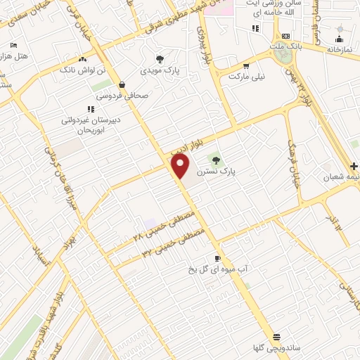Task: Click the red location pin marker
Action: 181,167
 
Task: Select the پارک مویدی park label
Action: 160,71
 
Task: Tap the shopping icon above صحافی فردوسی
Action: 122,84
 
